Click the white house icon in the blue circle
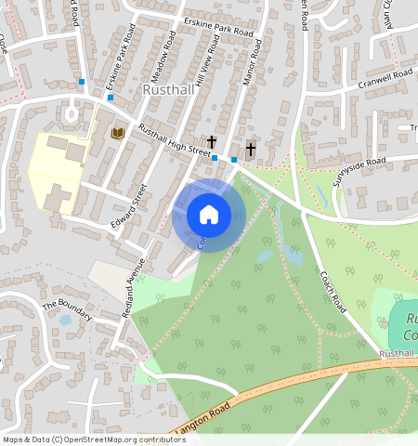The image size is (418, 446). (x=209, y=215)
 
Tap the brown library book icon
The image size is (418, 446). (x=117, y=134)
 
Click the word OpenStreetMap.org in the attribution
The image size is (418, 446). (x=101, y=439)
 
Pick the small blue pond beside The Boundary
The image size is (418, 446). (x=64, y=321)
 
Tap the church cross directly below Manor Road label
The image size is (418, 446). (x=250, y=149)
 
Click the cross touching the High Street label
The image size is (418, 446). (x=212, y=142)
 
